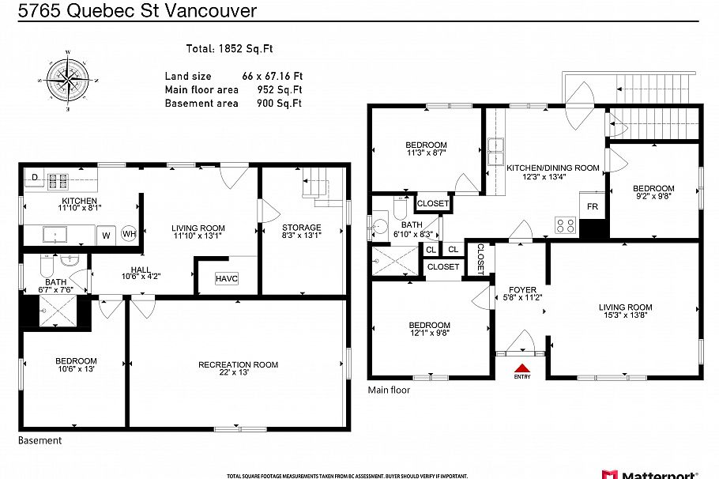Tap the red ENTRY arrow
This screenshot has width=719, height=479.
(x=522, y=368)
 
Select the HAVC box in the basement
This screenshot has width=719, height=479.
(x=227, y=279)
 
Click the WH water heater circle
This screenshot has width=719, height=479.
(x=129, y=235)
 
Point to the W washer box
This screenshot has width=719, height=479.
(x=105, y=235)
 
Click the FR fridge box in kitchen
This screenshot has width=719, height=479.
(x=593, y=207)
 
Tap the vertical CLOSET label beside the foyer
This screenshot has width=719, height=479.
(x=480, y=258)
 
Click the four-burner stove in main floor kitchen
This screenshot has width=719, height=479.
(x=566, y=225)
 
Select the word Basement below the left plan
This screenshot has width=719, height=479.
(x=40, y=440)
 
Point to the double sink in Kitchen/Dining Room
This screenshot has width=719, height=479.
(x=497, y=145)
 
